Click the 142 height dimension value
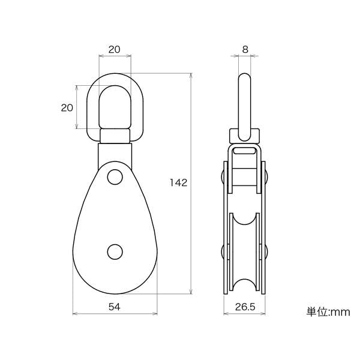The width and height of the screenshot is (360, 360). coord(178,182)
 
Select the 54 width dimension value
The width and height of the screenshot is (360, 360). coord(115,307)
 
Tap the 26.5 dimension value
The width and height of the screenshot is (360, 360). coord(245,307)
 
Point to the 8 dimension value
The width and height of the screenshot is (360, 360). coord(245,49)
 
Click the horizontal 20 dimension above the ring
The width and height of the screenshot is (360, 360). coord(115,49)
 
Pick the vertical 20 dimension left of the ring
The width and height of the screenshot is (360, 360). coord(67,107)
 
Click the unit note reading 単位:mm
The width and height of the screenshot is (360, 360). coord(328,312)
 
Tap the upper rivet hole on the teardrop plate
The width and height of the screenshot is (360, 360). coord(115,177)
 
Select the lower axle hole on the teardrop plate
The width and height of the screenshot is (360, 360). coord(115,252)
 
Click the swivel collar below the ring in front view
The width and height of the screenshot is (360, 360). coord(115,136)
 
